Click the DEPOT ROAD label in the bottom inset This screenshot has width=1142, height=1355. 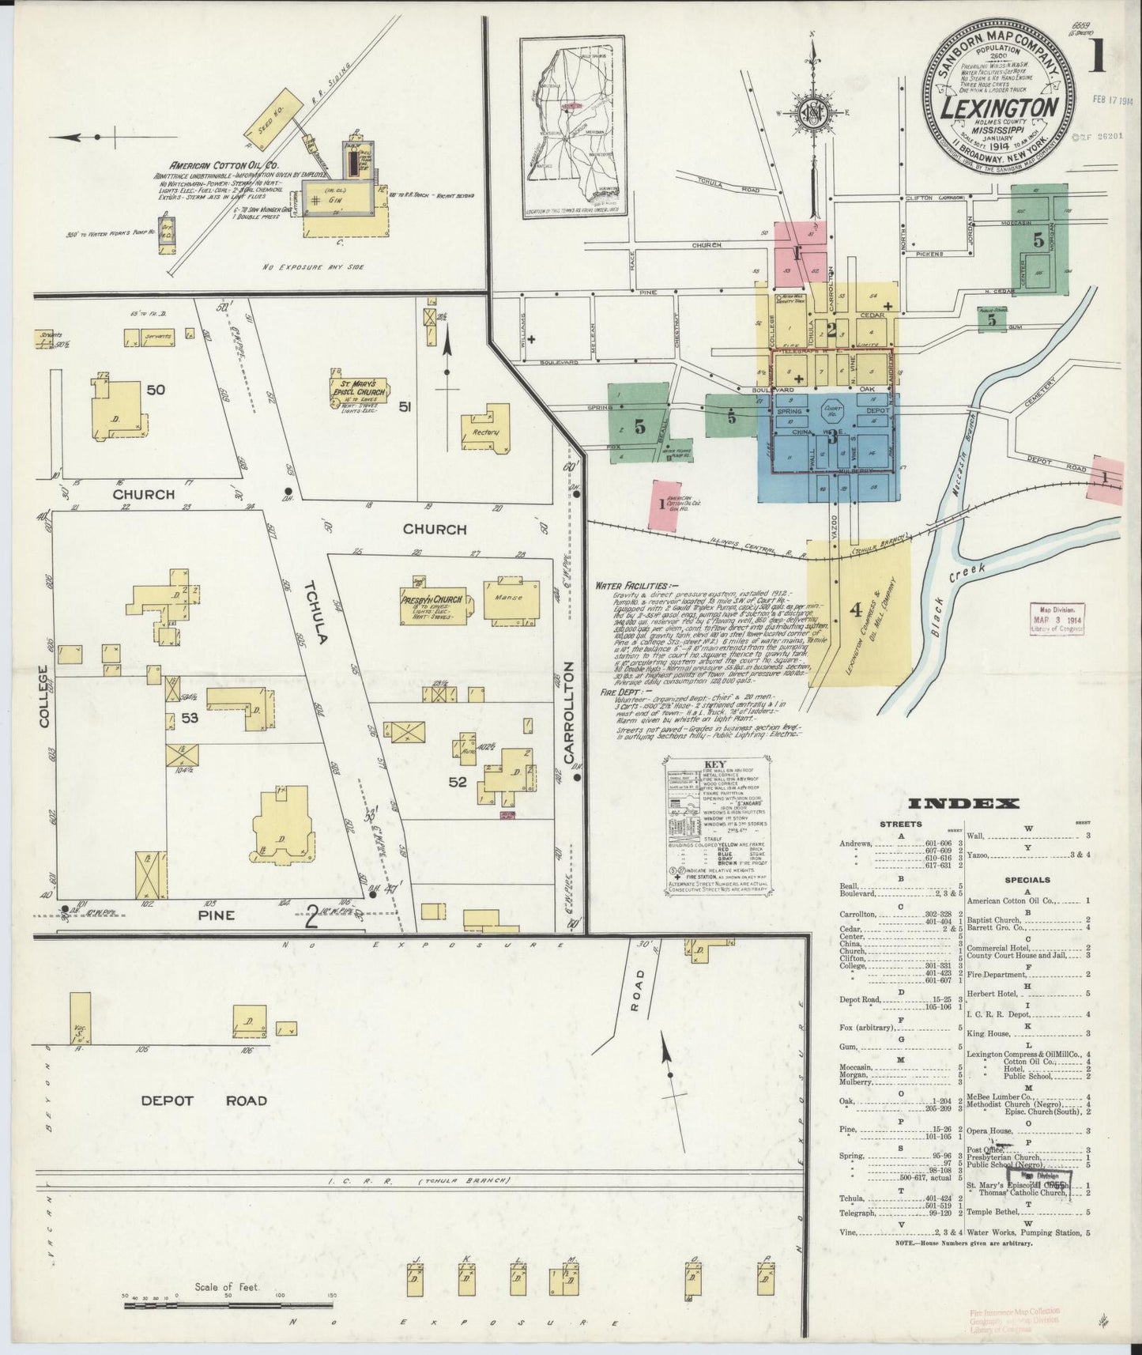[205, 1100]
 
